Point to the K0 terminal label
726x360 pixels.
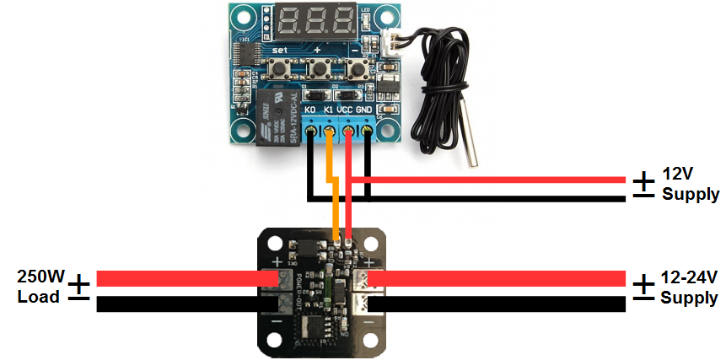tap(309, 110)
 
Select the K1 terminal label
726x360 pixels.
tap(328, 110)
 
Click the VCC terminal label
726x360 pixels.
tap(346, 110)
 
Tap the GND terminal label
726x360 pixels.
tap(364, 110)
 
